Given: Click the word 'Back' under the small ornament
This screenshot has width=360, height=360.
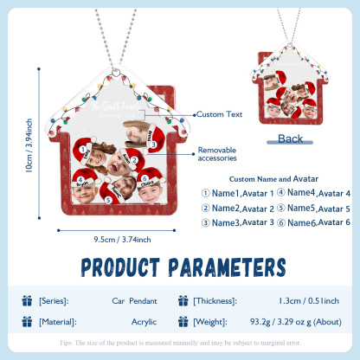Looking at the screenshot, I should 291,138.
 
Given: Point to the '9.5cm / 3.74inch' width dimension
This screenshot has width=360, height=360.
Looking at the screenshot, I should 122,240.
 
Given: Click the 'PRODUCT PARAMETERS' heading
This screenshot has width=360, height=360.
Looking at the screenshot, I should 180,265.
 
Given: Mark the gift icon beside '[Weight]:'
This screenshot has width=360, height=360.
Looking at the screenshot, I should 183,321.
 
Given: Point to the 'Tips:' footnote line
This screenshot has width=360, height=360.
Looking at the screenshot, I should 180,342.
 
